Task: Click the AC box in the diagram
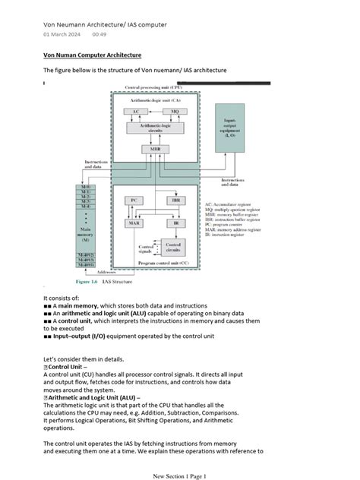[x=136, y=111]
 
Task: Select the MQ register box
[x=174, y=111]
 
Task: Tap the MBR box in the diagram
[x=155, y=149]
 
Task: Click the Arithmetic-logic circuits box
[x=155, y=128]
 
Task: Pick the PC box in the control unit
[x=134, y=200]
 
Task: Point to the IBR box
[x=175, y=200]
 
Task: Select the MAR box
[x=134, y=224]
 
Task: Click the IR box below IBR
[x=175, y=224]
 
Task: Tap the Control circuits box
[x=173, y=247]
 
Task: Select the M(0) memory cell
[x=85, y=186]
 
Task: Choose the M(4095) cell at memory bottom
[x=85, y=265]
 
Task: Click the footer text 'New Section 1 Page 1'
[x=179, y=475]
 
